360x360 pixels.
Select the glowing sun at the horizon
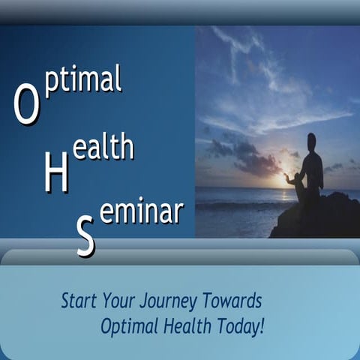[x=286, y=180]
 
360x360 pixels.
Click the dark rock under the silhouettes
[x=319, y=217]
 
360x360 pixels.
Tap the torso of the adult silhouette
[x=314, y=169]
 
